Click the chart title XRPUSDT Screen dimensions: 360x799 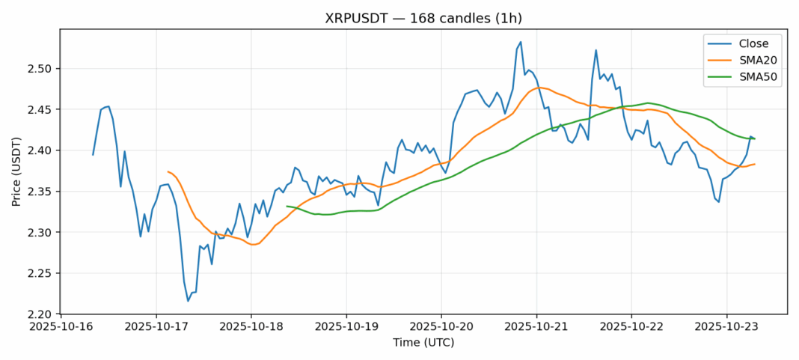423,18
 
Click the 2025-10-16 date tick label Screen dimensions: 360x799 61,327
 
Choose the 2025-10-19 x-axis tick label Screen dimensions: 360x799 346,327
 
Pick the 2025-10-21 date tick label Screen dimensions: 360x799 536,327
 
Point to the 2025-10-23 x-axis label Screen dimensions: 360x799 726,327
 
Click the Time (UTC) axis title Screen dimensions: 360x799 423,343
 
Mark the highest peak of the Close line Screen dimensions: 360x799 521,42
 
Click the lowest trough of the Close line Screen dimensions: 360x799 188,301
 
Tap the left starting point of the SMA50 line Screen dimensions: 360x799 287,206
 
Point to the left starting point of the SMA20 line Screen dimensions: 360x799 168,171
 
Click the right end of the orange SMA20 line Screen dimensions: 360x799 755,164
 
